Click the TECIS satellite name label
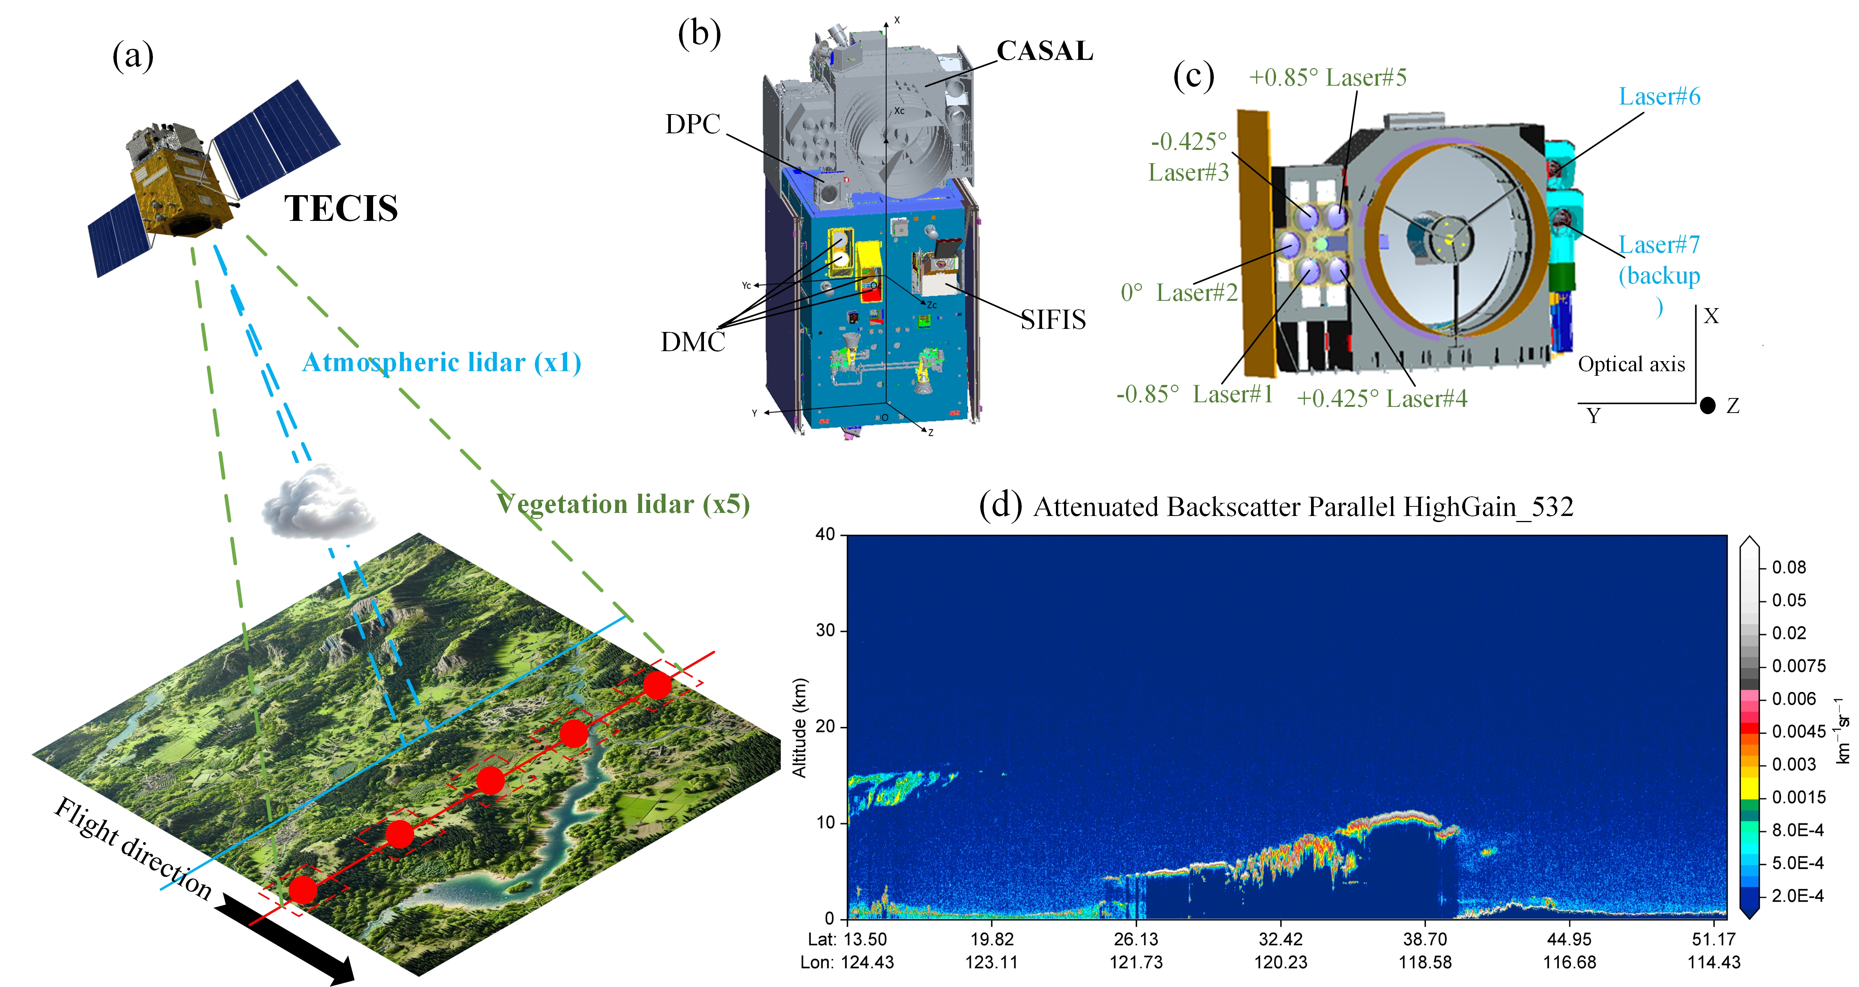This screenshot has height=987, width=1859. [x=340, y=209]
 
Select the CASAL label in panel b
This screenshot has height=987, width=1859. [x=1044, y=51]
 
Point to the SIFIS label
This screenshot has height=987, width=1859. [x=1053, y=320]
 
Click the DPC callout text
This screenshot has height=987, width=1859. [x=693, y=124]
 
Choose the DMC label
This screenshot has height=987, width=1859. [x=693, y=342]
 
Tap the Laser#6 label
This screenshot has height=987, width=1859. [x=1659, y=97]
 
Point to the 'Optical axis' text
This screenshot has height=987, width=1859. [x=1631, y=364]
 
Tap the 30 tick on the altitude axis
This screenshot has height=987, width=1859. [x=826, y=630]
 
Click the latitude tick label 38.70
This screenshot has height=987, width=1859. [x=1424, y=939]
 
